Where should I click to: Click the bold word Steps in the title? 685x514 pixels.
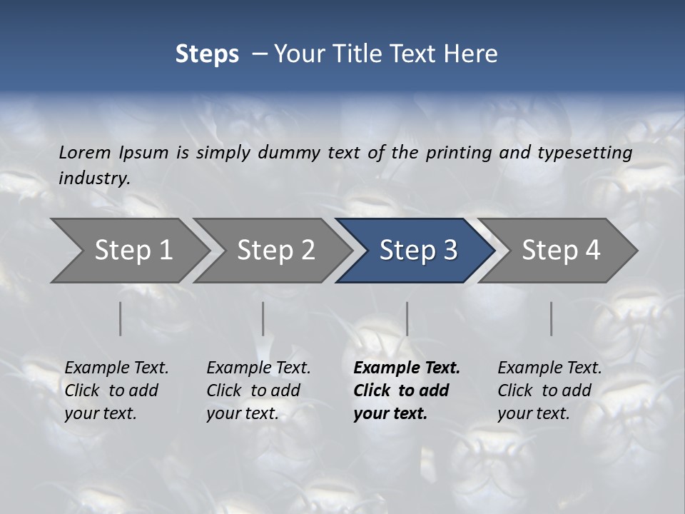[207, 54]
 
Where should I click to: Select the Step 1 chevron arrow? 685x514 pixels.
[128, 251]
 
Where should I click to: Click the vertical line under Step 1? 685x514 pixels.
[121, 318]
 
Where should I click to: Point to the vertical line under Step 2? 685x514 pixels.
[263, 318]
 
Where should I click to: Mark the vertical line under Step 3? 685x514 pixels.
[407, 318]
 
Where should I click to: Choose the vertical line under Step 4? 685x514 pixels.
[551, 318]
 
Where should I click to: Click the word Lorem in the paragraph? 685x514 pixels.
[85, 152]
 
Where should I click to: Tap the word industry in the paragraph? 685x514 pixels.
[93, 178]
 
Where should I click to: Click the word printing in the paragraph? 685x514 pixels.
[455, 152]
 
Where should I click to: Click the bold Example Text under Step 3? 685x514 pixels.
[407, 368]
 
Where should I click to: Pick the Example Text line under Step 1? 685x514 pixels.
[116, 368]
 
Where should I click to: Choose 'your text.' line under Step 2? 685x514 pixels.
[242, 413]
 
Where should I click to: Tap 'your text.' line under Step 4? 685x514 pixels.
[533, 413]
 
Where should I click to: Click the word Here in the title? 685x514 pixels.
[473, 54]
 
